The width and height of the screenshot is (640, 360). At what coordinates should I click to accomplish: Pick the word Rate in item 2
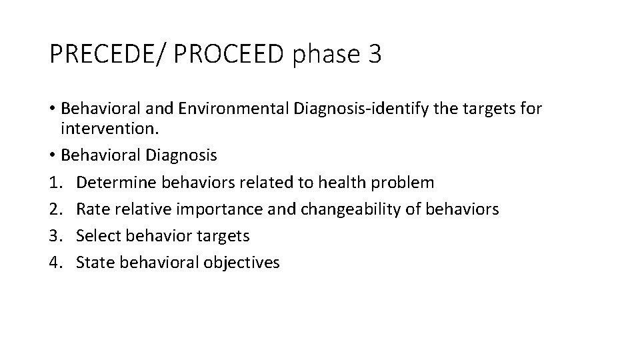[x=91, y=209]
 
